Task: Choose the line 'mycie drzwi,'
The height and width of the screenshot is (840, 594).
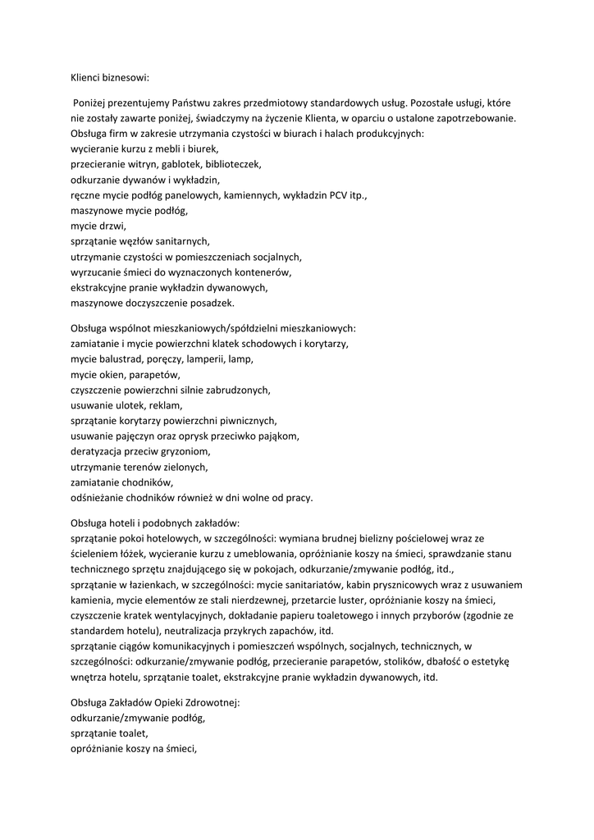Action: [x=98, y=226]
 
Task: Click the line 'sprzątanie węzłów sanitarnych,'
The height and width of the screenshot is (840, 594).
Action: [x=140, y=241]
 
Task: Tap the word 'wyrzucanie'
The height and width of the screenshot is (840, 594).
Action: [x=97, y=272]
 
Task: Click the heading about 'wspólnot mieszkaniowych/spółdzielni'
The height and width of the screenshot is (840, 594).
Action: [x=213, y=327]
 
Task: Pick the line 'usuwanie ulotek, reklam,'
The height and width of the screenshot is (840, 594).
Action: [x=126, y=404]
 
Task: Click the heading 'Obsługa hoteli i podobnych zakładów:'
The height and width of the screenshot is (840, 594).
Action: [x=155, y=523]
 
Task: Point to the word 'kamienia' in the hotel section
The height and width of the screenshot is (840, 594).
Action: [x=91, y=600]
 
